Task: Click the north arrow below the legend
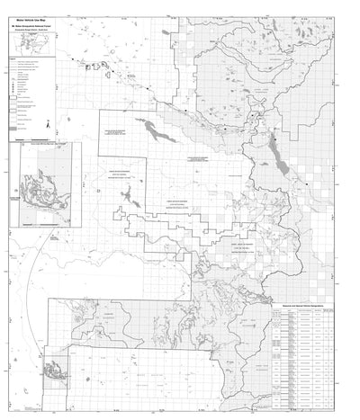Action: point(49,125)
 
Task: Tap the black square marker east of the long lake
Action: point(308,183)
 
